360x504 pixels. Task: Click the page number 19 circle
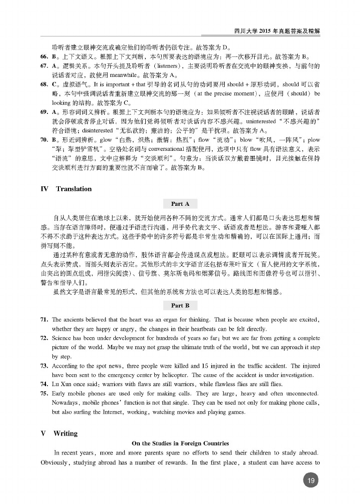pyautogui.click(x=310, y=481)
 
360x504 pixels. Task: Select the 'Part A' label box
pyautogui.click(x=180, y=204)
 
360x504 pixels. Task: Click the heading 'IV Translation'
pyautogui.click(x=66, y=189)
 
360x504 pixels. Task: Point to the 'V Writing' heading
pyautogui.click(x=59, y=433)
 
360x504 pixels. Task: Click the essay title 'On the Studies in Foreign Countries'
pyautogui.click(x=180, y=443)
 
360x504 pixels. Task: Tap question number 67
pyautogui.click(x=44, y=65)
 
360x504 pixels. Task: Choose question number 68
pyautogui.click(x=44, y=84)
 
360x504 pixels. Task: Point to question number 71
pyautogui.click(x=44, y=319)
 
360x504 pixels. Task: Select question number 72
pyautogui.click(x=44, y=338)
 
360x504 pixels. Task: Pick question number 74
pyautogui.click(x=44, y=384)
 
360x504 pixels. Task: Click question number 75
pyautogui.click(x=44, y=394)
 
